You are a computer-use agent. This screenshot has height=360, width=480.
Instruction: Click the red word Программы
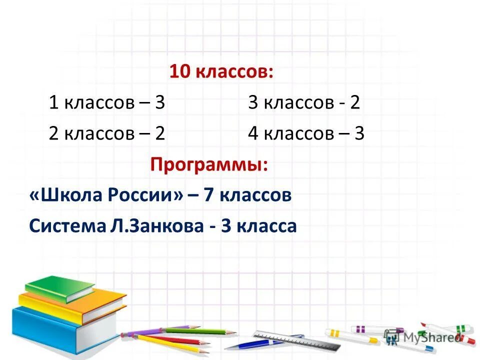coord(209,165)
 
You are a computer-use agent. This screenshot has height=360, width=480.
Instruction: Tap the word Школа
coord(65,195)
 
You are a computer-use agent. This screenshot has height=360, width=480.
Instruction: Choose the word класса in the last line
coord(266,226)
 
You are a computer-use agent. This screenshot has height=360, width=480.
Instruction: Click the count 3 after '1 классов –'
coord(160,103)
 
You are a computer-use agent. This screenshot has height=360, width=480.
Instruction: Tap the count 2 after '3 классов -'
coord(355,103)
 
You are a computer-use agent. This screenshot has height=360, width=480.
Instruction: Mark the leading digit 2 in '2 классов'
coord(54,134)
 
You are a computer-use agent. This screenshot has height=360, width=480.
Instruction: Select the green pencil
coord(200,331)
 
